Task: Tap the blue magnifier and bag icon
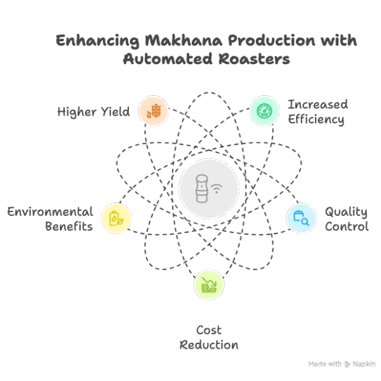click(300, 218)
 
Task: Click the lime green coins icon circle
click(208, 284)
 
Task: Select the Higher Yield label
click(93, 112)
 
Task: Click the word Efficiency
click(315, 119)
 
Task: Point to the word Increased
click(317, 104)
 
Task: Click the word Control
click(347, 226)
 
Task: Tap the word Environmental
click(50, 211)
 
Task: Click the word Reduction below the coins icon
click(209, 345)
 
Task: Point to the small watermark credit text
click(342, 364)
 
